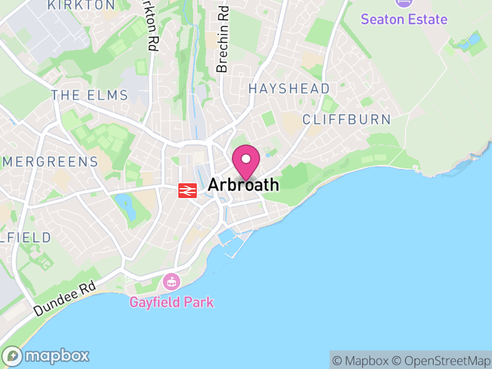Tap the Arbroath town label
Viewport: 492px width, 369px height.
point(244,184)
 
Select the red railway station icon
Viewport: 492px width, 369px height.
point(187,191)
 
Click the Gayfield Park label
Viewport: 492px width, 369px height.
point(172,302)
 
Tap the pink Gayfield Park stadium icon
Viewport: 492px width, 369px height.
point(171,283)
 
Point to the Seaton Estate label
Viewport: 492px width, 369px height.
point(404,19)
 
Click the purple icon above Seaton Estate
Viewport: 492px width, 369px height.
point(404,2)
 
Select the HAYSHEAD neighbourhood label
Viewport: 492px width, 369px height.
point(289,89)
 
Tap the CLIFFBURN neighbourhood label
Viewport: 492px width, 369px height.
point(347,119)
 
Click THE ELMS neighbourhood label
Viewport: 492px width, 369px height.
point(90,95)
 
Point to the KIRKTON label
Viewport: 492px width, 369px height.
point(81,5)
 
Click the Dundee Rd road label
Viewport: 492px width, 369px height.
point(65,299)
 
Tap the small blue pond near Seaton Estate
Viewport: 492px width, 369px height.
point(472,42)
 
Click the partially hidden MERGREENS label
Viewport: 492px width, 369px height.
point(49,162)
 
